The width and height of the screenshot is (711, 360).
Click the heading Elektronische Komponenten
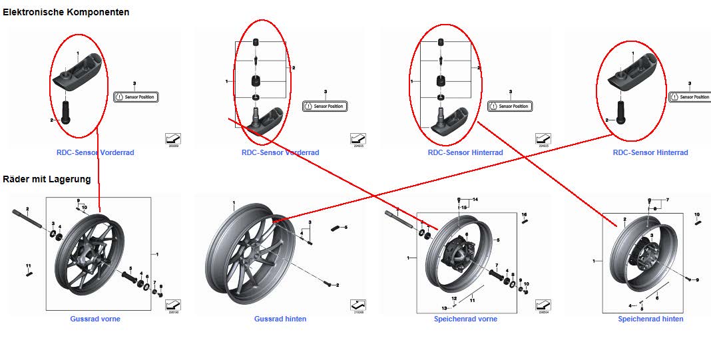pos(66,12)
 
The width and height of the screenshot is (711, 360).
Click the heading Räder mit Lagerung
pos(47,179)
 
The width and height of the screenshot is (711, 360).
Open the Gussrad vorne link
pos(95,319)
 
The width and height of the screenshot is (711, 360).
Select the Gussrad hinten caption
pos(280,319)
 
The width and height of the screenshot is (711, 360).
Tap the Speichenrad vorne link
pos(465,319)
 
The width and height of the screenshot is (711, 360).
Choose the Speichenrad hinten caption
pos(650,319)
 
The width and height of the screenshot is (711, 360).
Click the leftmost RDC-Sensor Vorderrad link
pos(95,152)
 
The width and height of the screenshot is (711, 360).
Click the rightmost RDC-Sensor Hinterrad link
pos(650,152)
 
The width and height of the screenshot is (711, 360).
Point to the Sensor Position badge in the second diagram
pos(325,106)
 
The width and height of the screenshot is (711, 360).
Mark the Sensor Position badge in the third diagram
pos(510,106)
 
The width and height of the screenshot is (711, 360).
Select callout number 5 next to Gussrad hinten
pos(346,228)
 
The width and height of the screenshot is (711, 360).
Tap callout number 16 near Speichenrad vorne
pos(525,214)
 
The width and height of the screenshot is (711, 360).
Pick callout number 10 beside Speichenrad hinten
pos(697,214)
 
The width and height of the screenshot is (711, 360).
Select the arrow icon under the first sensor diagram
pos(173,138)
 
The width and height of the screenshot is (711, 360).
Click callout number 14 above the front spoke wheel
pos(475,199)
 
